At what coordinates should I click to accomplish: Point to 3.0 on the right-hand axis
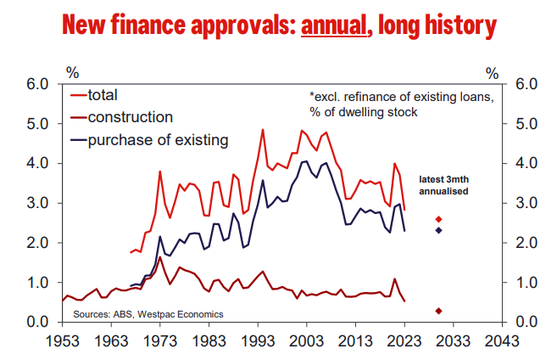tap(523, 203)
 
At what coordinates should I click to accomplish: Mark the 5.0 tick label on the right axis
tap(523, 124)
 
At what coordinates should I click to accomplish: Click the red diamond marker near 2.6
tap(438, 219)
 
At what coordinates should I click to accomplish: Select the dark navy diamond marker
tap(438, 230)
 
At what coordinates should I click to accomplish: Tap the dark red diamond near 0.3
tap(438, 311)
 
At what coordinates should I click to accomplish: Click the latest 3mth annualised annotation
tap(445, 185)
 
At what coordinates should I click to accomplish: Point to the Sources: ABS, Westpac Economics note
tap(148, 314)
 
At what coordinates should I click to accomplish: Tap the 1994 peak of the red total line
tap(263, 130)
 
